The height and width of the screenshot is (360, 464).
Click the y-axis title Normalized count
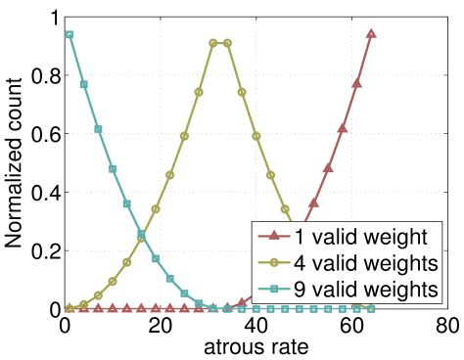pyautogui.click(x=17, y=161)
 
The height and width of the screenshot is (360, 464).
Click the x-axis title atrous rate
pyautogui.click(x=255, y=346)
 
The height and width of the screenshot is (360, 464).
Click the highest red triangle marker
pyautogui.click(x=371, y=33)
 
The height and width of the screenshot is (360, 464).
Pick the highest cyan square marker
pyautogui.click(x=69, y=34)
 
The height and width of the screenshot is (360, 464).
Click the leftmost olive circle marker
pyautogui.click(x=69, y=308)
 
